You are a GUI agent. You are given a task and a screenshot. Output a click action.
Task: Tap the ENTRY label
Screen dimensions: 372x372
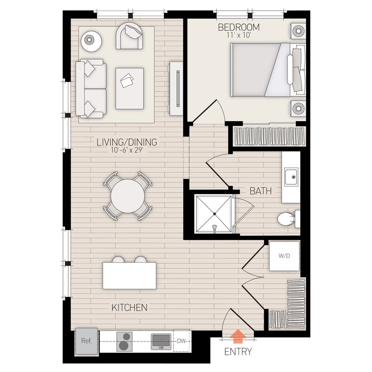(238, 352)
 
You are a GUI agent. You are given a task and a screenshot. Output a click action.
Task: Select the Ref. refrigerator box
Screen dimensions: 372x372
(86, 341)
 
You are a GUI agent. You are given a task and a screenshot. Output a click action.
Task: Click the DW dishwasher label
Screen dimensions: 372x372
(182, 341)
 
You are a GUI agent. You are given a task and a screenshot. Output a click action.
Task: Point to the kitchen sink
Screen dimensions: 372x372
(161, 341)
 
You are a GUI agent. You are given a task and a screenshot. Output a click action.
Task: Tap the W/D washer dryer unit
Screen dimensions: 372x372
(284, 256)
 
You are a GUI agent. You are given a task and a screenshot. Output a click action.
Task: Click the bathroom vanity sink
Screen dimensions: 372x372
(291, 177)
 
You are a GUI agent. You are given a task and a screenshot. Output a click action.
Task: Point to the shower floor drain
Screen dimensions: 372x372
(215, 214)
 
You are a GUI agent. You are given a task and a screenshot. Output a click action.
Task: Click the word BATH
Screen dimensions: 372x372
(260, 191)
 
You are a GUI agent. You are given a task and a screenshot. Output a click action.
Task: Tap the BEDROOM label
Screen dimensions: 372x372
(239, 27)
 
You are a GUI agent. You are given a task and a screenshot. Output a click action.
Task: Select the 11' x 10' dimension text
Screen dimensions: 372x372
(239, 36)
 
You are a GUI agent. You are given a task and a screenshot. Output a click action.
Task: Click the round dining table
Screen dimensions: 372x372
(128, 196)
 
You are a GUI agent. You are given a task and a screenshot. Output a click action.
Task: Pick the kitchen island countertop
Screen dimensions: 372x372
(130, 275)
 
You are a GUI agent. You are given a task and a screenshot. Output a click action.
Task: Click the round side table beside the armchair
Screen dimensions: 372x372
(92, 41)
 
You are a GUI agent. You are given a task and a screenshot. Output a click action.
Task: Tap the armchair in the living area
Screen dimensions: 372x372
(130, 36)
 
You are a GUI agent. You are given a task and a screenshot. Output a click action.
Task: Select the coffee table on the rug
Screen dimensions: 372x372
(130, 88)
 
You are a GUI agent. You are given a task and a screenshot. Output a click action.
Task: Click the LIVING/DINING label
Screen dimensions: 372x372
(127, 143)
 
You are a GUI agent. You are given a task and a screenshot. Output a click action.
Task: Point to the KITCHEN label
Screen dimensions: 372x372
(129, 307)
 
